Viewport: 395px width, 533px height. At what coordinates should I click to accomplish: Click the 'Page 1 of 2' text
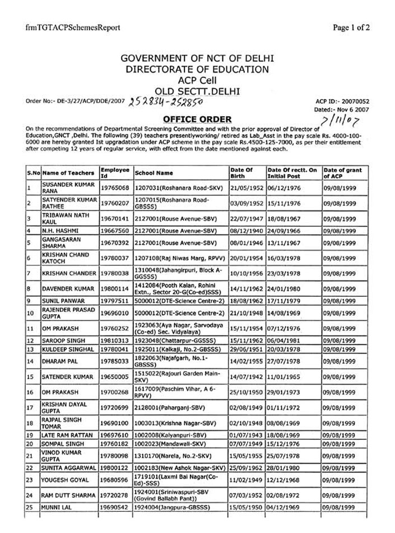[x=351, y=27]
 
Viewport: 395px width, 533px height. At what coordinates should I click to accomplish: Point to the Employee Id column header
[x=115, y=173]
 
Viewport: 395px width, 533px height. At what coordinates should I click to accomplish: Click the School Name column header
[x=154, y=173]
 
